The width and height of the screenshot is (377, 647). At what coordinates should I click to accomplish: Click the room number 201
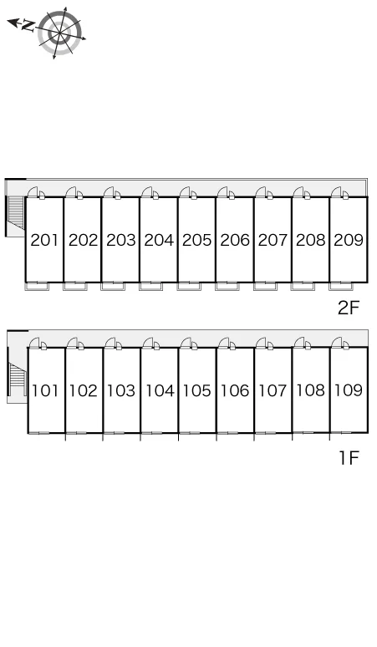point(44,240)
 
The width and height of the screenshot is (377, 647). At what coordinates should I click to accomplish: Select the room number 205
point(196,240)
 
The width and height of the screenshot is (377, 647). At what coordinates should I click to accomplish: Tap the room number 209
point(349,240)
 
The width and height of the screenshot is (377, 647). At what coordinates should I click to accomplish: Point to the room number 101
point(45,390)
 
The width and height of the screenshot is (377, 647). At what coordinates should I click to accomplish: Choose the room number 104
point(159,390)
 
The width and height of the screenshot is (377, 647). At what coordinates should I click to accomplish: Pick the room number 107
point(273,390)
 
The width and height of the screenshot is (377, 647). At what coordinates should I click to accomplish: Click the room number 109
point(349,390)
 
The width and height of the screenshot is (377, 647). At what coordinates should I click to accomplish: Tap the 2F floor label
point(349,308)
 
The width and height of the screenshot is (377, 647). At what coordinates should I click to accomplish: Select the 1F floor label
point(349,457)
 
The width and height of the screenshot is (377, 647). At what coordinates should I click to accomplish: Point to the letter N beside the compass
point(28,26)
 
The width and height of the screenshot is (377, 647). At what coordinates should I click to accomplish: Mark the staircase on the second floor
point(15,211)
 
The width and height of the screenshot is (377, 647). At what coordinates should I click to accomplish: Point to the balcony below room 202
point(75,287)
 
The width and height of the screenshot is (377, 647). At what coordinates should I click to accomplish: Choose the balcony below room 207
point(265,287)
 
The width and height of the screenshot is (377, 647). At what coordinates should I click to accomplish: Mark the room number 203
point(121,240)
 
